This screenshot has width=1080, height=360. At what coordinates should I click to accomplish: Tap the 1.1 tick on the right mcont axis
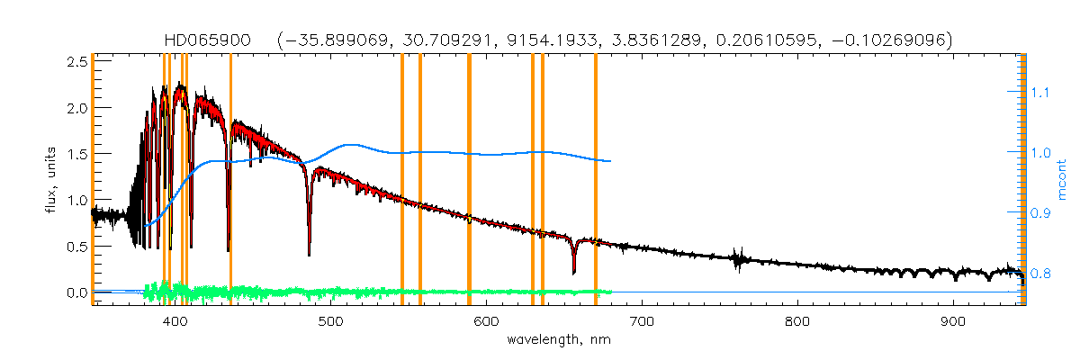(x=1041, y=92)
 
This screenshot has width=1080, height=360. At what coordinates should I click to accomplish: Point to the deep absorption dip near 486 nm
(x=309, y=253)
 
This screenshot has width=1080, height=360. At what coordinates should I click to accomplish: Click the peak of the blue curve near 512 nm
(x=350, y=144)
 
